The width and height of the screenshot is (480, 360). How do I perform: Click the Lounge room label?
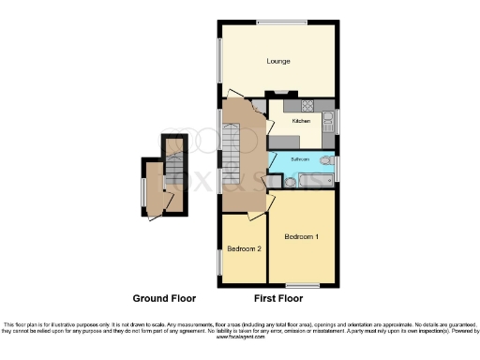click(277, 62)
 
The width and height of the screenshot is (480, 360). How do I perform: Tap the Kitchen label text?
click(301, 121)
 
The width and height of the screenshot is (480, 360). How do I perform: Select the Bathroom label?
click(299, 160)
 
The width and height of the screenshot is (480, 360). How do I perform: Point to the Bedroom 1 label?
click(302, 236)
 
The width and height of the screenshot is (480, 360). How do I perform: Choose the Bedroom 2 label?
click(244, 248)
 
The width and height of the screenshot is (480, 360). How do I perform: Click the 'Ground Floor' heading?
click(164, 298)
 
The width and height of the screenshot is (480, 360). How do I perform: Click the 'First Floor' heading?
click(277, 298)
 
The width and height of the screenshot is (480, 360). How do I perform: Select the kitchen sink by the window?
click(328, 120)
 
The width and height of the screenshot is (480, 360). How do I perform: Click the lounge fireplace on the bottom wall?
click(280, 92)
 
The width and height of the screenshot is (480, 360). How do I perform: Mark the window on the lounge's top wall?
click(277, 22)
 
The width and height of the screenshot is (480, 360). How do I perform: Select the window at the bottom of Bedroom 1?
click(301, 285)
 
